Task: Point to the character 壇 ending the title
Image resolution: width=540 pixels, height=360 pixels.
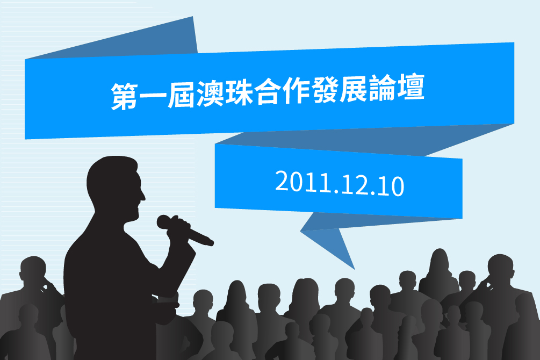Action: tap(411, 87)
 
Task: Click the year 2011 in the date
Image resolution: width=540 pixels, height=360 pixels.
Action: tap(301, 182)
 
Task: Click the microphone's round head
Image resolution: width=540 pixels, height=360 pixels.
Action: tap(164, 222)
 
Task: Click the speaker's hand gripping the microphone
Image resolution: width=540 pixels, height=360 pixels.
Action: tap(179, 228)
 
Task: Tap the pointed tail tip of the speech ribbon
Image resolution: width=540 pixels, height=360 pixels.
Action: tap(355, 269)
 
